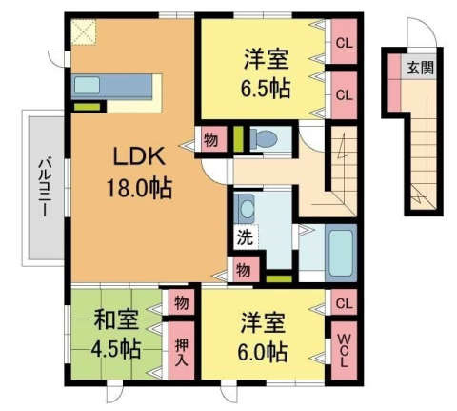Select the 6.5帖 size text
266,89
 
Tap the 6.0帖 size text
264,351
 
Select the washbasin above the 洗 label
247,208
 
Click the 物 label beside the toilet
210,140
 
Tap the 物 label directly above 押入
180,303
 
